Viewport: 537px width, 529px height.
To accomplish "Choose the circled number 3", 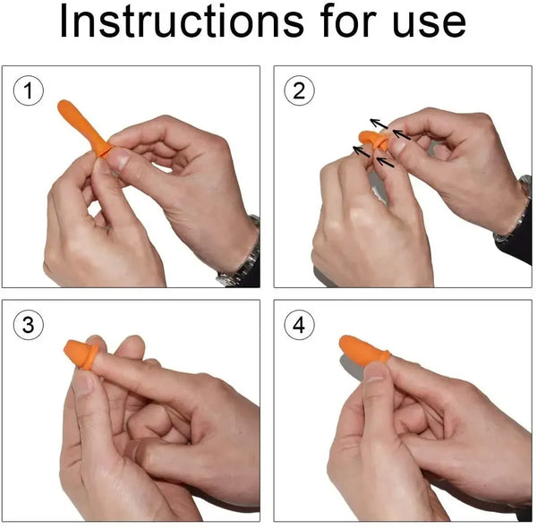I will tap(30, 325).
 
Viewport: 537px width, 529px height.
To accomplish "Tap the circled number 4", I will tap(299, 325).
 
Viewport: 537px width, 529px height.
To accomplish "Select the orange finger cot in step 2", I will tap(370, 139).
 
